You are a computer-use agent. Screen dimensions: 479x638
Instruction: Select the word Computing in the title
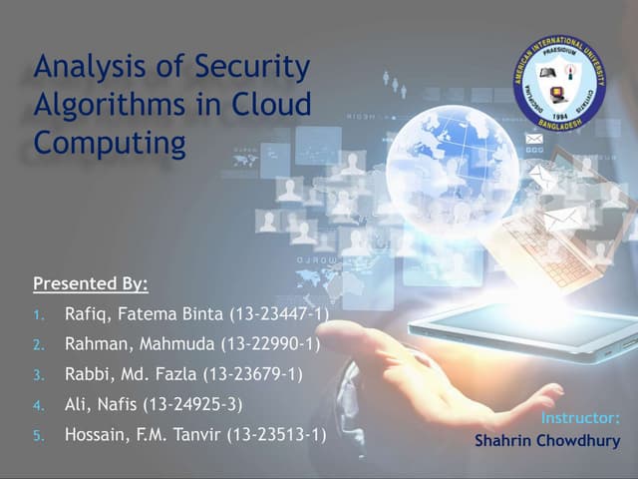coord(110,142)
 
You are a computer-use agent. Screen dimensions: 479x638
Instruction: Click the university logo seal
coord(563,84)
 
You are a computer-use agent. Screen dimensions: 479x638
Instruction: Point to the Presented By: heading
coord(91,283)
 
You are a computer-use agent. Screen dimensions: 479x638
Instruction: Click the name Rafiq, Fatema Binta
coord(145,314)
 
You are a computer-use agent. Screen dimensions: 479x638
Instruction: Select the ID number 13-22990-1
coord(273,344)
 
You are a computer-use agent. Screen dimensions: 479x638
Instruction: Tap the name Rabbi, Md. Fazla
coord(131,374)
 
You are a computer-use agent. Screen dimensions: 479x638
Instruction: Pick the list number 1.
coord(38,315)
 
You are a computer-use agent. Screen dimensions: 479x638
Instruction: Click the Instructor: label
coord(580,417)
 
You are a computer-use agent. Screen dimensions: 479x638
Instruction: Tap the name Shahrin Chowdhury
coord(546,440)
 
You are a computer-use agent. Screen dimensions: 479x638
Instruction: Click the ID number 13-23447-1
coord(279,314)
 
